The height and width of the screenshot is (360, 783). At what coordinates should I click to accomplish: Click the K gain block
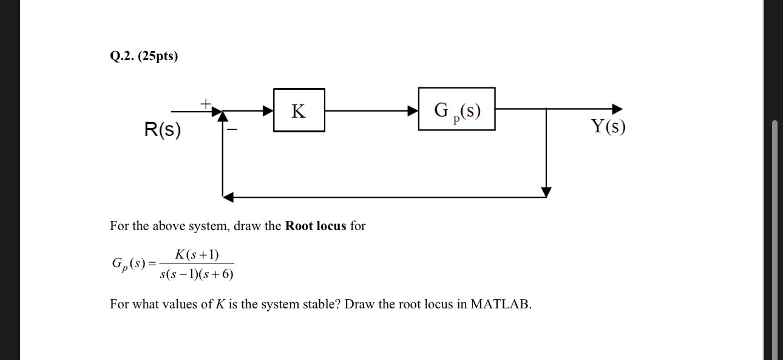tap(299, 110)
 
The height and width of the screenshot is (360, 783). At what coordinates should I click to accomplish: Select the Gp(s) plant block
tap(456, 109)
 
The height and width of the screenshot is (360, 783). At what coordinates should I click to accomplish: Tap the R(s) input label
tap(162, 130)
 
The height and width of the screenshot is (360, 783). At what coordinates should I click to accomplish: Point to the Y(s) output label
tap(608, 126)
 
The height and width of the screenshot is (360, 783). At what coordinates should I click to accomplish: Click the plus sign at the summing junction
tap(206, 103)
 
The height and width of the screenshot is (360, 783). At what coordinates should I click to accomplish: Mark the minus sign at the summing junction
tap(232, 129)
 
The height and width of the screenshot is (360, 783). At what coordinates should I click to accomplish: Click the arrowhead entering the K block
tap(268, 110)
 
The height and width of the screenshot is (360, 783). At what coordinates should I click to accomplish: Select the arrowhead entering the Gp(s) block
tap(413, 110)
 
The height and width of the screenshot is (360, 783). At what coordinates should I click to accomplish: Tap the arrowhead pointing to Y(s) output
tap(617, 109)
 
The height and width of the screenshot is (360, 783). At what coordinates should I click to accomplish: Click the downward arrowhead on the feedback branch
tap(546, 192)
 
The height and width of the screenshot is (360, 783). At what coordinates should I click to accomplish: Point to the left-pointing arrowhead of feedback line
tap(228, 197)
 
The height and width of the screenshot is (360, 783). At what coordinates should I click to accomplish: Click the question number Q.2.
tap(122, 56)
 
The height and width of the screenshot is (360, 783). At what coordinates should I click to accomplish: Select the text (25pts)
tap(158, 56)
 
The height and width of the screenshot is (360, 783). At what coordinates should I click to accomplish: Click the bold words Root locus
tap(316, 226)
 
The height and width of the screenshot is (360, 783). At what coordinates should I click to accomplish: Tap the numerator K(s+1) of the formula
tap(197, 254)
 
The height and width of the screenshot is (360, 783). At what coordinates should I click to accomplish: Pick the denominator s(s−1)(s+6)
tap(197, 274)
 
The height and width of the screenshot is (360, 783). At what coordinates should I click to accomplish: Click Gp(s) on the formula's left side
tap(129, 263)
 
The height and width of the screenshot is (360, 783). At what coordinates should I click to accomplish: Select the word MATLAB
tap(500, 304)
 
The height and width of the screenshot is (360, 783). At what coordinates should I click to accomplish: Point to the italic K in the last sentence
tap(220, 304)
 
